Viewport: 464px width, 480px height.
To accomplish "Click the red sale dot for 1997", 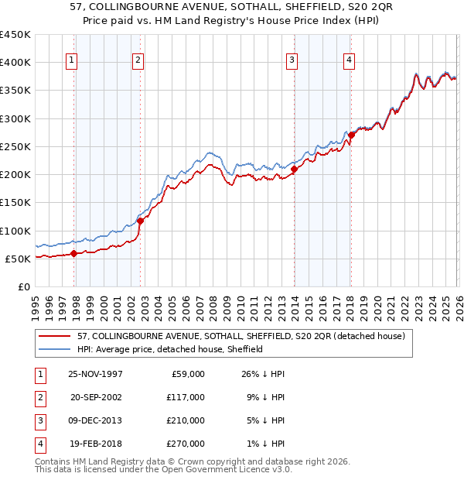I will [74, 253].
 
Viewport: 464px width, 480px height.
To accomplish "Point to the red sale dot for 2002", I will [140, 221].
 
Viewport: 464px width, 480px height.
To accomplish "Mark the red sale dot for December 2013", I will [295, 169].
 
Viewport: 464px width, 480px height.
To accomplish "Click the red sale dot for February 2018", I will [351, 135].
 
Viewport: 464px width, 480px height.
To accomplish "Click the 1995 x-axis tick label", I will [35, 307].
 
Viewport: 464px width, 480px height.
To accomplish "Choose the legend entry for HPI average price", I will [170, 349].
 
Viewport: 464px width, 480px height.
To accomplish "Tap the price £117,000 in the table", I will [185, 397].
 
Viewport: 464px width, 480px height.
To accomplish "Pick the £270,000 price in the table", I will [185, 444].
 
